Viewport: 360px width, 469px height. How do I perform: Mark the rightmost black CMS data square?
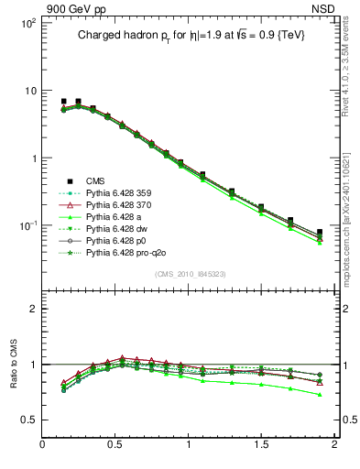[320, 233]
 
